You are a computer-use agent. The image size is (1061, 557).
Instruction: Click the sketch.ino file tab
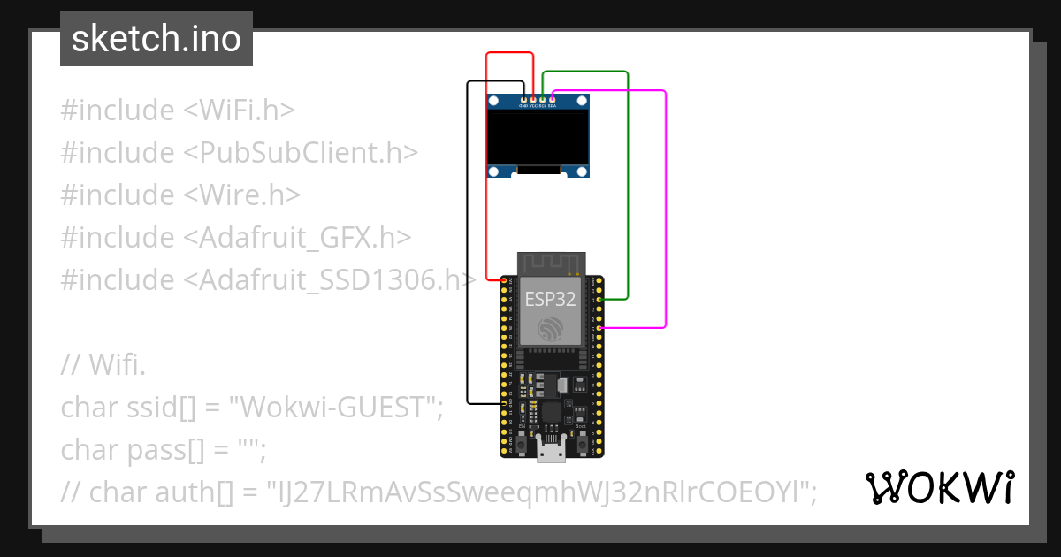[x=156, y=39]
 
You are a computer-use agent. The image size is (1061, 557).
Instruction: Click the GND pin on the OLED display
[x=523, y=99]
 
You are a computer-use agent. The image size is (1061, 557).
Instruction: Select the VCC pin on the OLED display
[x=533, y=99]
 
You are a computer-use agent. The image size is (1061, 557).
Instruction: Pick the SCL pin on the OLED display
[x=543, y=99]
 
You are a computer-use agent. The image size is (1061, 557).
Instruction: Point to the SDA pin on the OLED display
[x=553, y=99]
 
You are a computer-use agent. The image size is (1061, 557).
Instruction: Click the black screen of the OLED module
[x=538, y=137]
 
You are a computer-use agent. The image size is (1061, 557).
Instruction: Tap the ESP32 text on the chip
[x=550, y=299]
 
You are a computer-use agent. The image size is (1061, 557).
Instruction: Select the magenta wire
[x=665, y=212]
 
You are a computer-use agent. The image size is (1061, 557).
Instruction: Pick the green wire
[x=627, y=186]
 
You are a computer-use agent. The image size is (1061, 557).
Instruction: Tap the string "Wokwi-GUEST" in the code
[x=334, y=408]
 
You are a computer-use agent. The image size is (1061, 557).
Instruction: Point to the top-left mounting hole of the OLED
[x=495, y=103]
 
